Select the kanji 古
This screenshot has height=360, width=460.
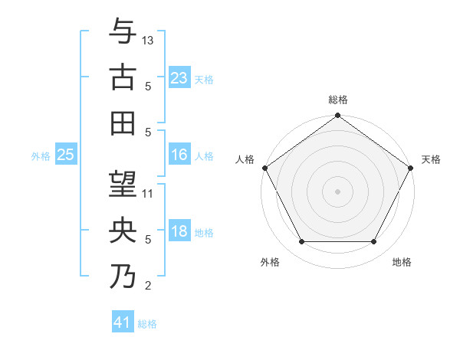(x=123, y=77)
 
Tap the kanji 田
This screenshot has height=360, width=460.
(x=123, y=122)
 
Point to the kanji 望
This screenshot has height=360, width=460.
(x=123, y=185)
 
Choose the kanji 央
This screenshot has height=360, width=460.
(x=123, y=230)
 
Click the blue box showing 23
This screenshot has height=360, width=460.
(x=179, y=77)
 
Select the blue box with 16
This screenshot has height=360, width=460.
(x=179, y=155)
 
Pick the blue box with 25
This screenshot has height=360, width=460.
(x=65, y=155)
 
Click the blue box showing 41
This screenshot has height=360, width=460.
(x=123, y=322)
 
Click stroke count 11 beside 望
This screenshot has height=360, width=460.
(x=149, y=194)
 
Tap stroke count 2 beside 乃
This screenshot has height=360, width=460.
(x=148, y=286)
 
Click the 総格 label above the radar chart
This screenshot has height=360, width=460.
(x=338, y=100)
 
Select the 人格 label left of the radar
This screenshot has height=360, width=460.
(x=246, y=159)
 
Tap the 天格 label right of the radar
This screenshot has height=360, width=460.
(x=431, y=159)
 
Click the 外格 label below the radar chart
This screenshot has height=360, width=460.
(x=269, y=262)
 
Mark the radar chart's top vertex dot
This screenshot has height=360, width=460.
(x=338, y=116)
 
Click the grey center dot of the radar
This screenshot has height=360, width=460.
(x=338, y=191)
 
